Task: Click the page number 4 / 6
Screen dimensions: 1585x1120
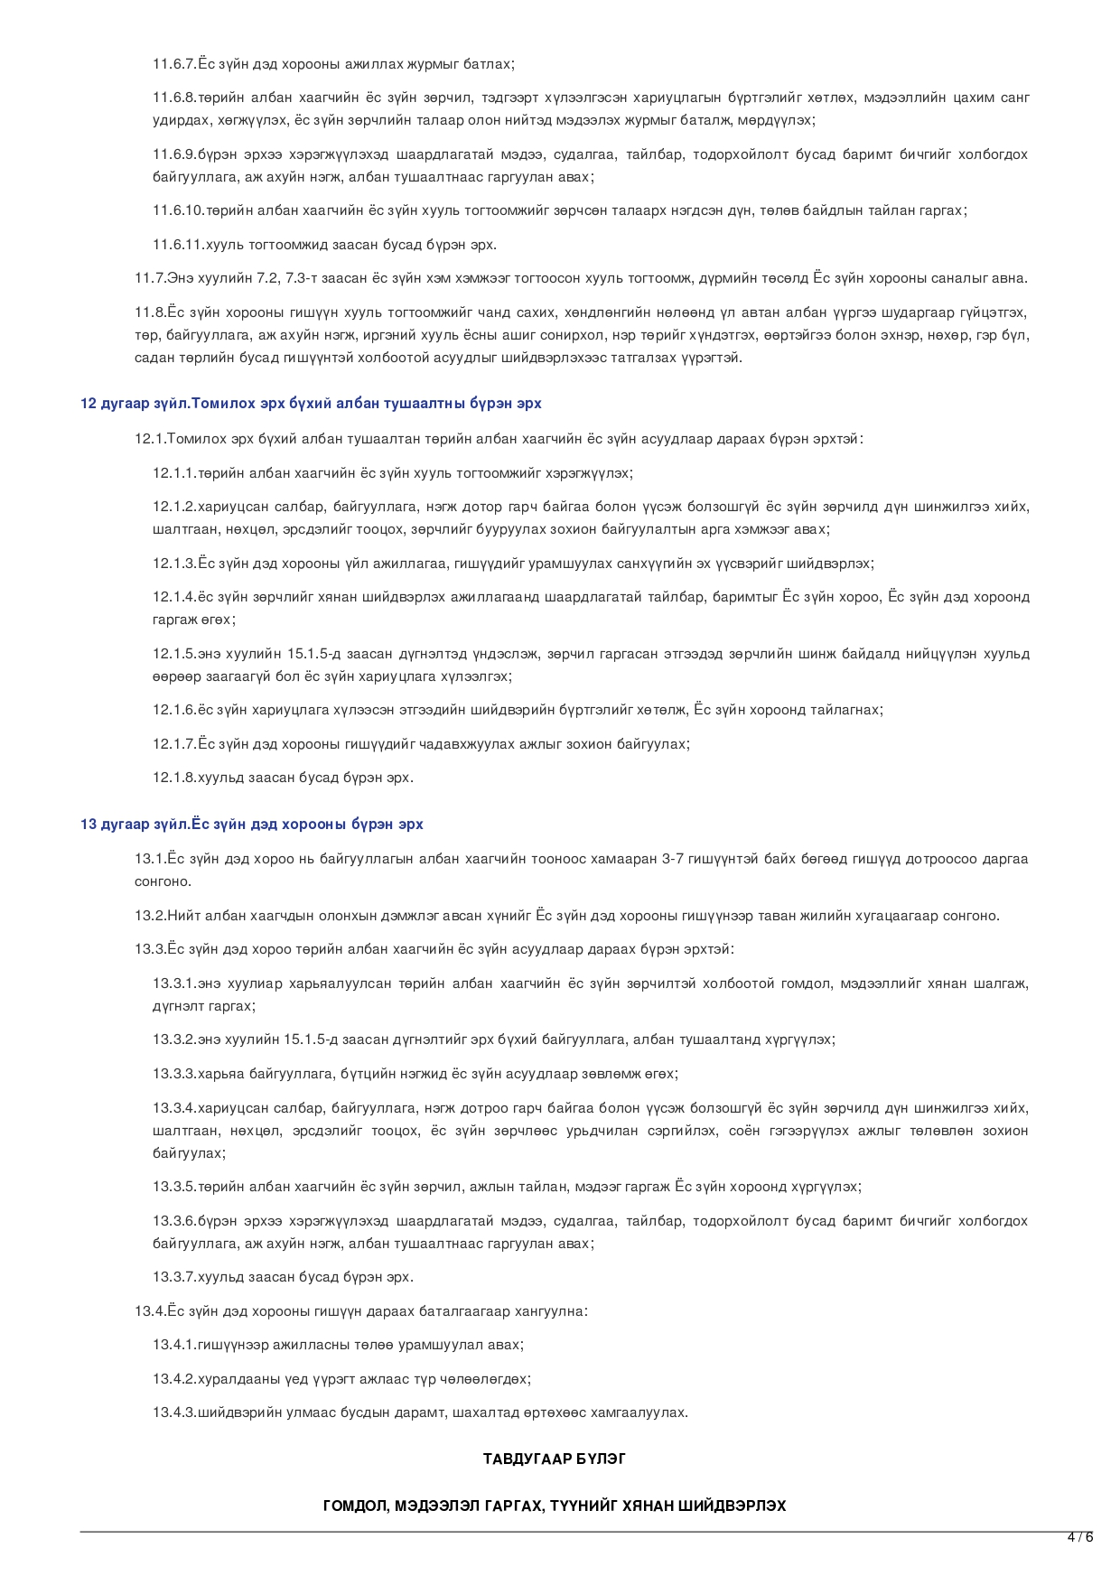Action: coord(1079,1537)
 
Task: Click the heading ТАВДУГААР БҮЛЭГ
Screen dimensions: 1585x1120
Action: coord(555,1459)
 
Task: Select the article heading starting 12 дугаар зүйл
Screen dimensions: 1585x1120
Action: coord(311,404)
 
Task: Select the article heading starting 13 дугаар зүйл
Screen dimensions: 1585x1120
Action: coord(251,825)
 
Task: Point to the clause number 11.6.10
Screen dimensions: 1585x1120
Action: coord(177,210)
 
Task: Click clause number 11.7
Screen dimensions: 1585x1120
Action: coord(150,278)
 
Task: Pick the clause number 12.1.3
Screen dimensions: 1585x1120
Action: coord(173,564)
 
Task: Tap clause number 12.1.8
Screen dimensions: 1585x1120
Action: coord(173,778)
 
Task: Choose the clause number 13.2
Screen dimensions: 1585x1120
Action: coord(150,916)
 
